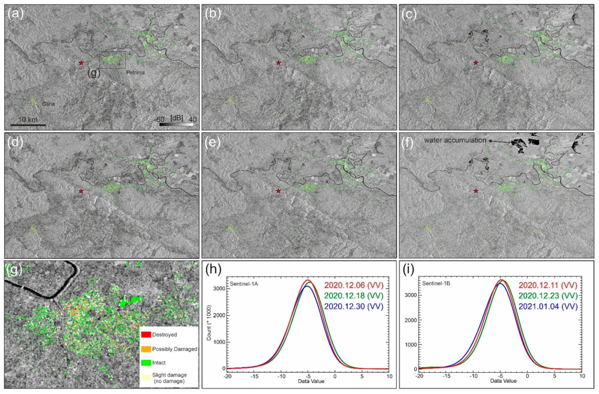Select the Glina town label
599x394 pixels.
(x=48, y=104)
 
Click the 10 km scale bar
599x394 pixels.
(x=28, y=125)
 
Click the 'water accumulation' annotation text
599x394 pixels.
(x=455, y=140)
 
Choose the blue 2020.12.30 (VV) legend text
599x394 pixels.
(x=354, y=306)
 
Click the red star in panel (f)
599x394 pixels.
(x=476, y=191)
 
